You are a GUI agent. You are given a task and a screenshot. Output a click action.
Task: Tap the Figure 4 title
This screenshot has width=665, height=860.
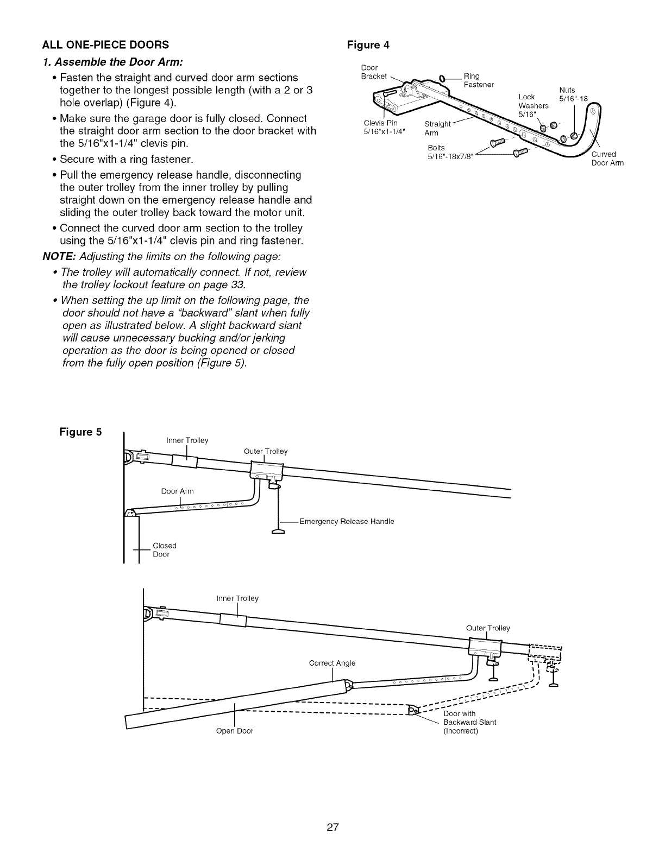pyautogui.click(x=368, y=45)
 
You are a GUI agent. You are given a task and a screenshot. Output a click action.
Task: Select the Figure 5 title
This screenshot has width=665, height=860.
pyautogui.click(x=80, y=433)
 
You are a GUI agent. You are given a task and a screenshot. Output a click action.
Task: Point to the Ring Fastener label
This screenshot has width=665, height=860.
pyautogui.click(x=478, y=80)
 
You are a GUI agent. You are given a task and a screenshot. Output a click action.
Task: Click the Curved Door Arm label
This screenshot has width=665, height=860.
pyautogui.click(x=607, y=159)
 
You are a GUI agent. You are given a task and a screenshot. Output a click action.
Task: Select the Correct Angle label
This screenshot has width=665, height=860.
pyautogui.click(x=332, y=663)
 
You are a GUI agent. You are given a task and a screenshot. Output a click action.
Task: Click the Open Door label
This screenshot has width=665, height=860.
pyautogui.click(x=235, y=731)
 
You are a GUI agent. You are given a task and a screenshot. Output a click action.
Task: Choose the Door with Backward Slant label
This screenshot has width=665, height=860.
pyautogui.click(x=469, y=722)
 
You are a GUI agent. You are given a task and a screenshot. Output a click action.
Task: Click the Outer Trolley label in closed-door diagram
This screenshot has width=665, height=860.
pyautogui.click(x=266, y=451)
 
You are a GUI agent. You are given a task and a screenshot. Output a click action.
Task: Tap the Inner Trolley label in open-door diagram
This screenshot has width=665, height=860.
pyautogui.click(x=237, y=598)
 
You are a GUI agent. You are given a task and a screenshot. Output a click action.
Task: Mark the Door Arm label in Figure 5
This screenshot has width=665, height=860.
pyautogui.click(x=177, y=491)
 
